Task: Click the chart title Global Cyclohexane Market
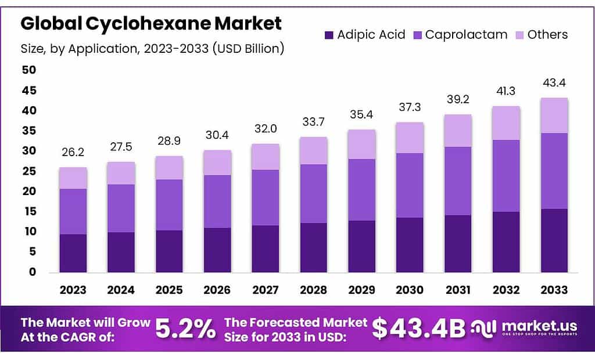151,23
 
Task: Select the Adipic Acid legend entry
364,35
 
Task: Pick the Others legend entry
540,35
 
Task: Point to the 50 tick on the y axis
29,70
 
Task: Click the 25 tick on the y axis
29,171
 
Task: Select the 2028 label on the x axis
314,290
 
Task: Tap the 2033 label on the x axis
554,290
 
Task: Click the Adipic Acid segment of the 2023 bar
73,253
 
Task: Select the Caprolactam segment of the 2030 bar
410,185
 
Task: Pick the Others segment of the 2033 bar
554,116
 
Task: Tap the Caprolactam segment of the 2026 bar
217,201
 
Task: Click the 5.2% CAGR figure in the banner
185,329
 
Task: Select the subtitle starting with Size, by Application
152,49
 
